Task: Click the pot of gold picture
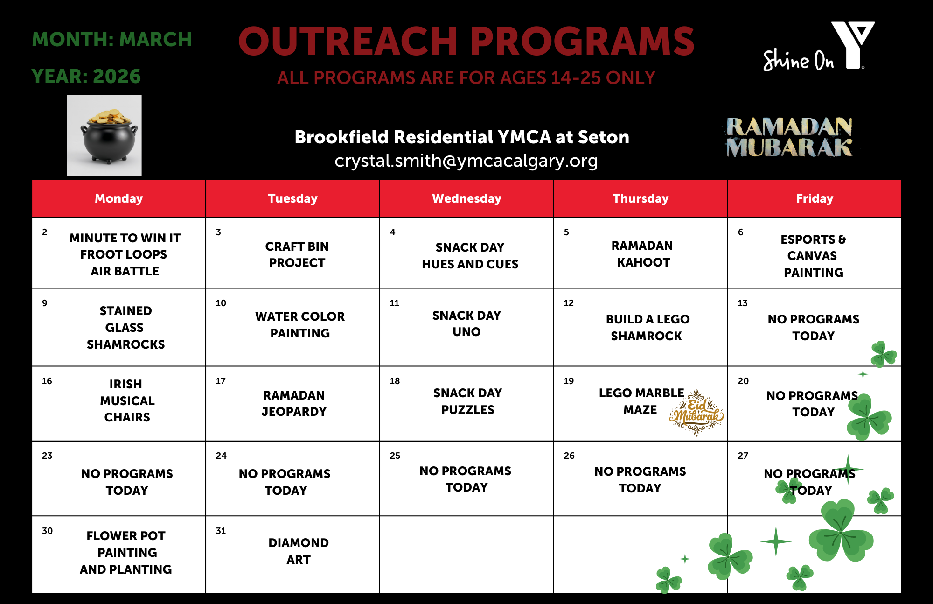[104, 135]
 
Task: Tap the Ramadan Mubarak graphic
[789, 137]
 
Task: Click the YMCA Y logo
[853, 45]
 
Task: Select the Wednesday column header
[466, 198]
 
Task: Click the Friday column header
[815, 198]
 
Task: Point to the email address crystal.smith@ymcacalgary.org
[466, 161]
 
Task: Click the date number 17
[221, 381]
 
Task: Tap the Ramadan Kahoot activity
[642, 254]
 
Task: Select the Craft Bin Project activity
[297, 254]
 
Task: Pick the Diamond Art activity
[299, 551]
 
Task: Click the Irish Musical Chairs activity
[127, 400]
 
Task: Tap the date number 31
[221, 531]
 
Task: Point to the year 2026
[117, 76]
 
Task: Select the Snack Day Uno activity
[466, 323]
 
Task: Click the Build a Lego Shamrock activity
[648, 327]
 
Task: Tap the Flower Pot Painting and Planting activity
[126, 552]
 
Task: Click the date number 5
[566, 232]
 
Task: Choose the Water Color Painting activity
[300, 325]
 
